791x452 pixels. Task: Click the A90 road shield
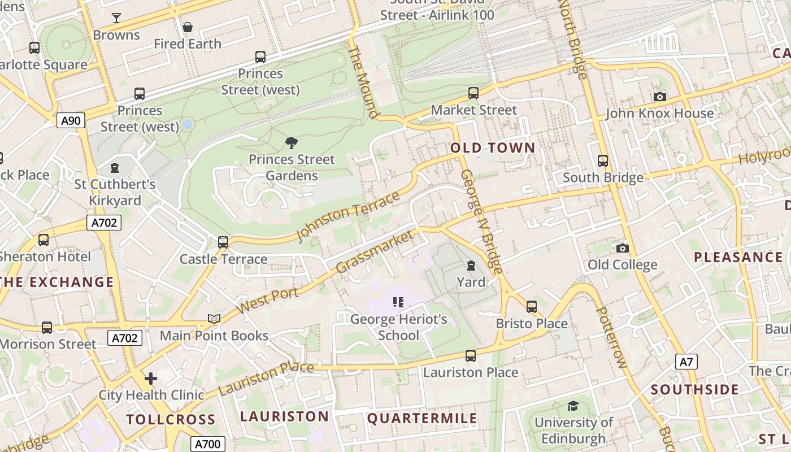[x=71, y=120]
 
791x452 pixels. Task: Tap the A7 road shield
[x=686, y=362]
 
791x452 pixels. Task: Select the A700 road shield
[x=207, y=444]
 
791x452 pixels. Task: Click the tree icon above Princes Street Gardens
[x=292, y=142]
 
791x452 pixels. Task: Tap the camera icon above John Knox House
[x=659, y=97]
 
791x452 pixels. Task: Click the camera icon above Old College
[x=622, y=248]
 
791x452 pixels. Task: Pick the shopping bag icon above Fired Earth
[x=188, y=27]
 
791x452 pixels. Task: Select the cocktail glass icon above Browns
[x=116, y=18]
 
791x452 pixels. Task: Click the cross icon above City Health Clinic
[x=151, y=378]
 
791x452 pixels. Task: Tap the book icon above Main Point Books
[x=214, y=319]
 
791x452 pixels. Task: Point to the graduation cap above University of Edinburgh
[x=573, y=406]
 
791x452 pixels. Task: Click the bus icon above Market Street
[x=473, y=93]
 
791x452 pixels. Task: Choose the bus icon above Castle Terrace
[x=223, y=242]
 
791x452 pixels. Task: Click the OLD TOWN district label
[x=493, y=148]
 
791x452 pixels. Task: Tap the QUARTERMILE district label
[x=422, y=419]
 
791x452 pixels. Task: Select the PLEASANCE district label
[x=738, y=257]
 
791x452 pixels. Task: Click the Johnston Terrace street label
[x=349, y=216]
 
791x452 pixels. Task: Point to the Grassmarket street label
[x=375, y=251]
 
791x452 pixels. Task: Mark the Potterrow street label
[x=612, y=337]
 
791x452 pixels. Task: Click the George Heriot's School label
[x=398, y=327]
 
